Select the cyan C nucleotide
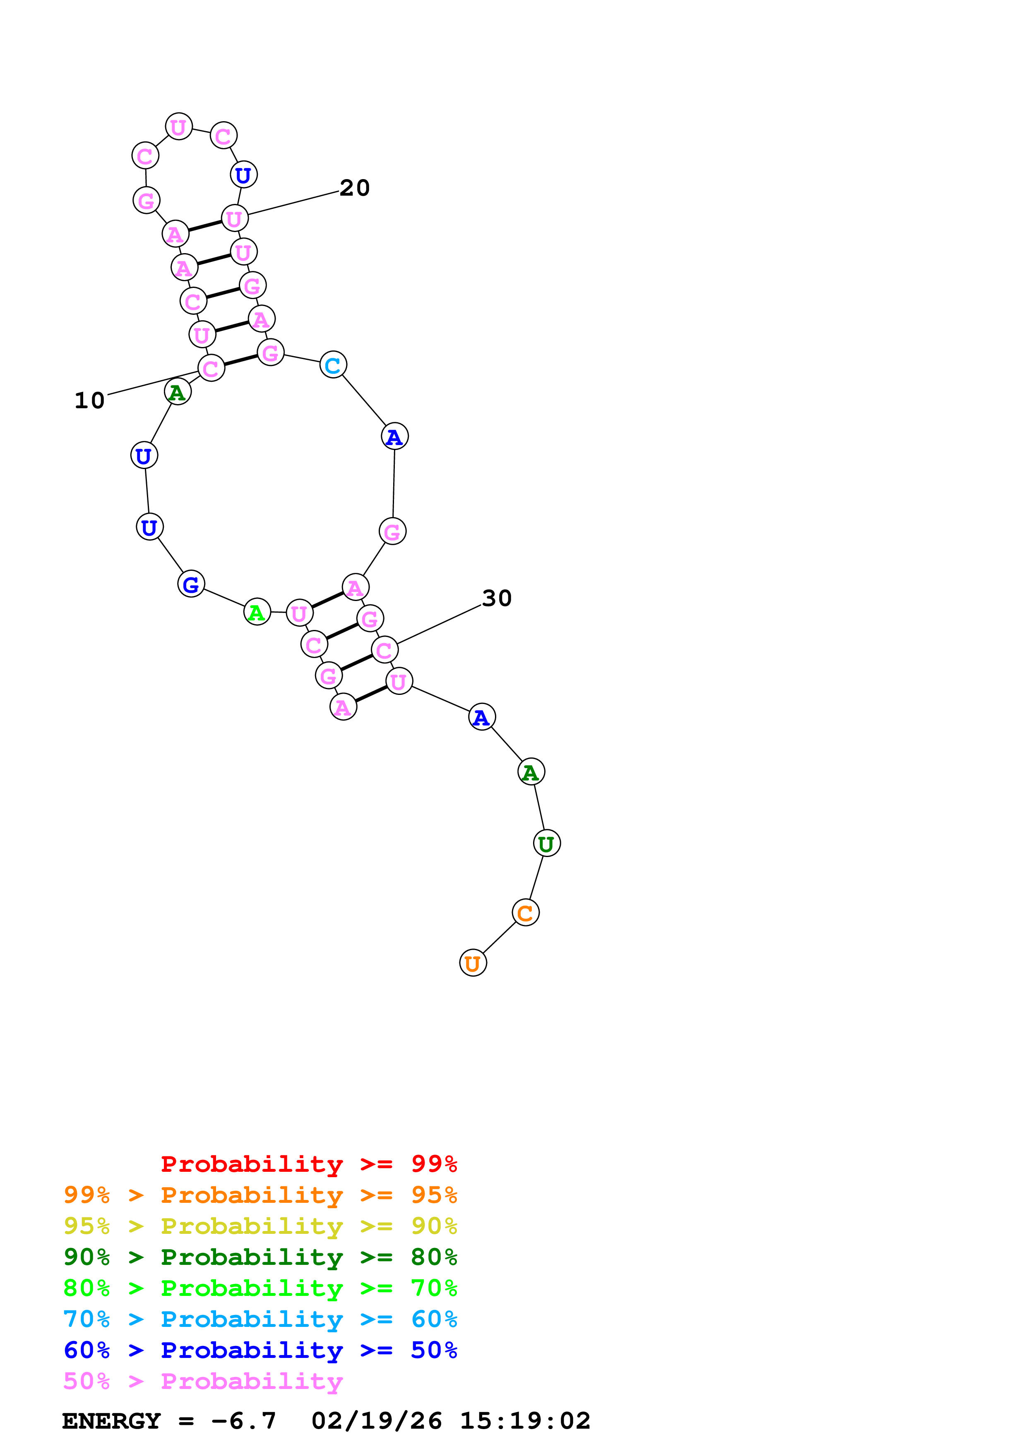point(333,365)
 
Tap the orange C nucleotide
point(525,912)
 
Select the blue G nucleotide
point(191,584)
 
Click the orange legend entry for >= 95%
point(260,1195)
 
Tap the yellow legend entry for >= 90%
point(260,1226)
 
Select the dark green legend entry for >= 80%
point(260,1257)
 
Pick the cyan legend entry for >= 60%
point(260,1319)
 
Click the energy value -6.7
point(243,1421)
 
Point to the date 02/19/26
point(377,1421)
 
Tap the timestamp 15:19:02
point(525,1421)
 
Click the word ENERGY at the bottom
point(111,1421)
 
